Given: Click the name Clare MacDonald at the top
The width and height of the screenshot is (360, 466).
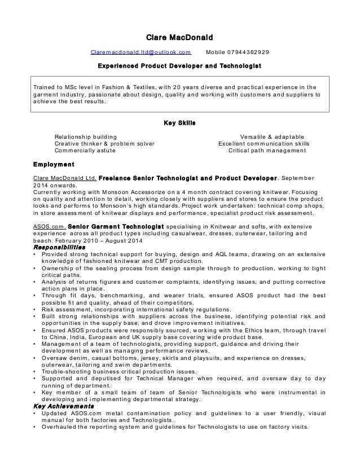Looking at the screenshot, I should click(179, 38).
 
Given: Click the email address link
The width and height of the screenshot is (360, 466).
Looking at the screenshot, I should click(141, 52).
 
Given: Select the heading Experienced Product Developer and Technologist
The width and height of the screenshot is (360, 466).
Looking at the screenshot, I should click(179, 67).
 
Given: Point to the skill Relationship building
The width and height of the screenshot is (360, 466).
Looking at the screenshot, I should click(86, 137).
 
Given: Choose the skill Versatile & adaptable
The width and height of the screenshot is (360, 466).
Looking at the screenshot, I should click(272, 137).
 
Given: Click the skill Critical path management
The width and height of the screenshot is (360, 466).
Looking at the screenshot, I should click(268, 151).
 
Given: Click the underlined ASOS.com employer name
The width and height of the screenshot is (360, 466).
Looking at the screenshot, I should click(50, 225).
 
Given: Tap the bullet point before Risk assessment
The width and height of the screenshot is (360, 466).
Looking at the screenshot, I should click(36, 309).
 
